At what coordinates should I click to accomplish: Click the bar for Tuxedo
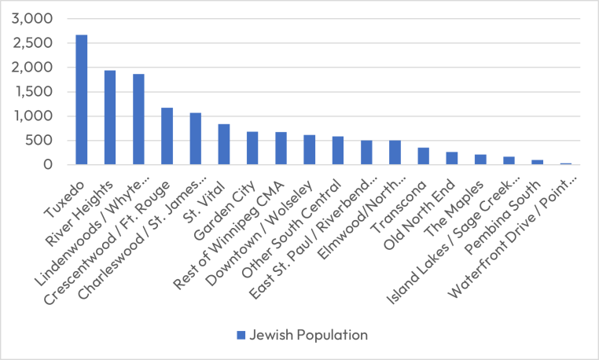pyautogui.click(x=82, y=100)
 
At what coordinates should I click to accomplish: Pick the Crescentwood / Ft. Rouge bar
pyautogui.click(x=167, y=137)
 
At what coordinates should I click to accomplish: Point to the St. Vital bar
pyautogui.click(x=224, y=145)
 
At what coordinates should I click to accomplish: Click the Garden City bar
pyautogui.click(x=252, y=149)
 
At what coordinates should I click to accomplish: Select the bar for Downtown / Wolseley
pyautogui.click(x=309, y=150)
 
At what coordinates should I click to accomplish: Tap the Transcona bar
pyautogui.click(x=423, y=156)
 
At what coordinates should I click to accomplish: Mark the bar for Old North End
pyautogui.click(x=451, y=159)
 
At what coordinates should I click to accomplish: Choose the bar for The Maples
pyautogui.click(x=480, y=160)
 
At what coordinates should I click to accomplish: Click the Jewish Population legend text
pyautogui.click(x=309, y=335)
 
